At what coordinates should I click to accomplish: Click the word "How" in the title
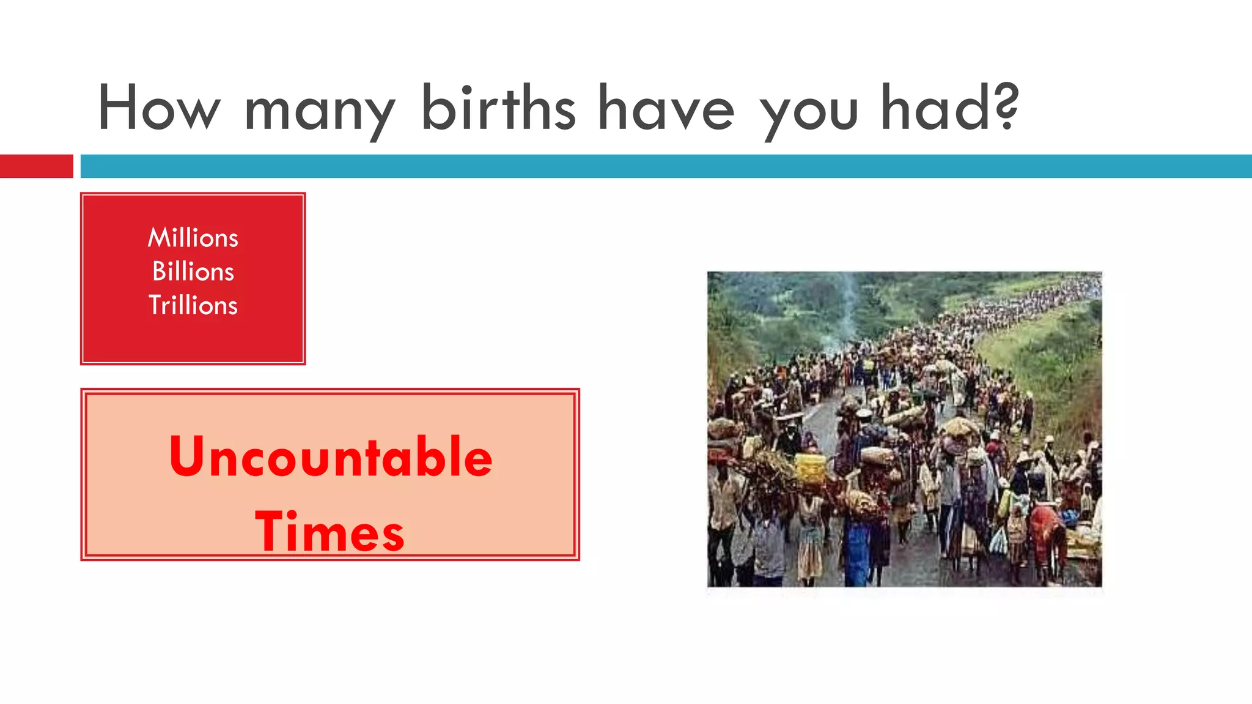pos(158,108)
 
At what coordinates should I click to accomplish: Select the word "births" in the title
pos(498,108)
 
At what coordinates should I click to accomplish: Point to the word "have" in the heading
pos(666,108)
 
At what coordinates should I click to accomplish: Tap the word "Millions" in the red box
pos(193,238)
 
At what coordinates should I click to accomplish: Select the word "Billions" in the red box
pos(193,271)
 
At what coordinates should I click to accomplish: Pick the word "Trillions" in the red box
pos(193,305)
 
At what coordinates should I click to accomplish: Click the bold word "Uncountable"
pos(331,457)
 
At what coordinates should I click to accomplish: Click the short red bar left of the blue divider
pos(36,166)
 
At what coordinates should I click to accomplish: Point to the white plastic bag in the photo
pos(998,540)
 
